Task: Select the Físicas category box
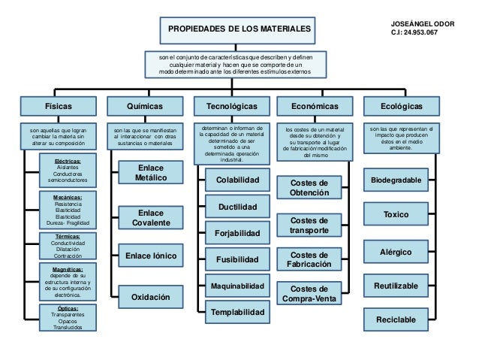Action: point(59,107)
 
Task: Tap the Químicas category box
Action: point(146,107)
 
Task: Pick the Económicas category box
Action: point(314,107)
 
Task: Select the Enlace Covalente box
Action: point(151,218)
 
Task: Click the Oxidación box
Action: point(151,298)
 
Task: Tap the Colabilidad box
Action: point(237,181)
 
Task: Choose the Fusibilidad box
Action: point(237,259)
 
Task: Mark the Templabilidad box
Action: point(237,311)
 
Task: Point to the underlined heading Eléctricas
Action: point(68,161)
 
